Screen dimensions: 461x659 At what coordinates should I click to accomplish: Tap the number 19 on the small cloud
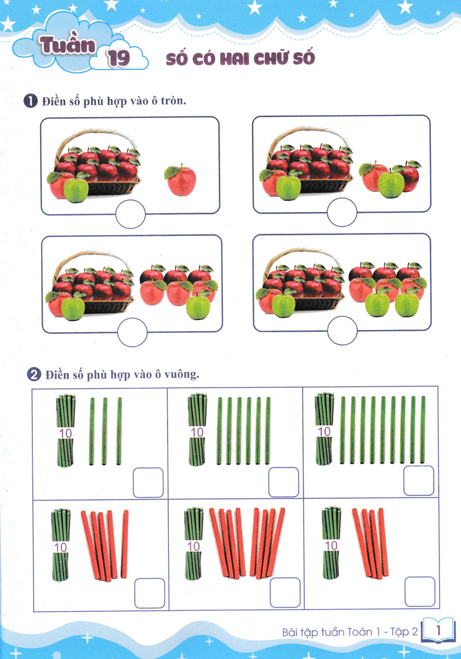pos(119,58)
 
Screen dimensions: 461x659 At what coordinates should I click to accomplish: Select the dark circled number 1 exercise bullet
pos(31,101)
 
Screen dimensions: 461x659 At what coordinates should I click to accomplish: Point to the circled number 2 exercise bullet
pos(34,375)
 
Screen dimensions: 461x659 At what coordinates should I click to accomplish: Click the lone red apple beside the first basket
pos(181,180)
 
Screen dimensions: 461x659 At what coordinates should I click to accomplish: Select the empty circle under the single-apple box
pos(131,214)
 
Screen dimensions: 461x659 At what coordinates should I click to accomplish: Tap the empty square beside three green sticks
pos(148,483)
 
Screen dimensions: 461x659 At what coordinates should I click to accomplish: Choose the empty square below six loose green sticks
pos(283,482)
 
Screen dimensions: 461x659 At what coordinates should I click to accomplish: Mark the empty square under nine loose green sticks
pos(418,481)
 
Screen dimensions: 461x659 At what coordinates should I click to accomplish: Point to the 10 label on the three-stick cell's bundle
pos(65,433)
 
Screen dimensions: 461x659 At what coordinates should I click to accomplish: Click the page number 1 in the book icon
pos(438,630)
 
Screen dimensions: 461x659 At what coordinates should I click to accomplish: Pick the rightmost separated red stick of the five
pos(125,544)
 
